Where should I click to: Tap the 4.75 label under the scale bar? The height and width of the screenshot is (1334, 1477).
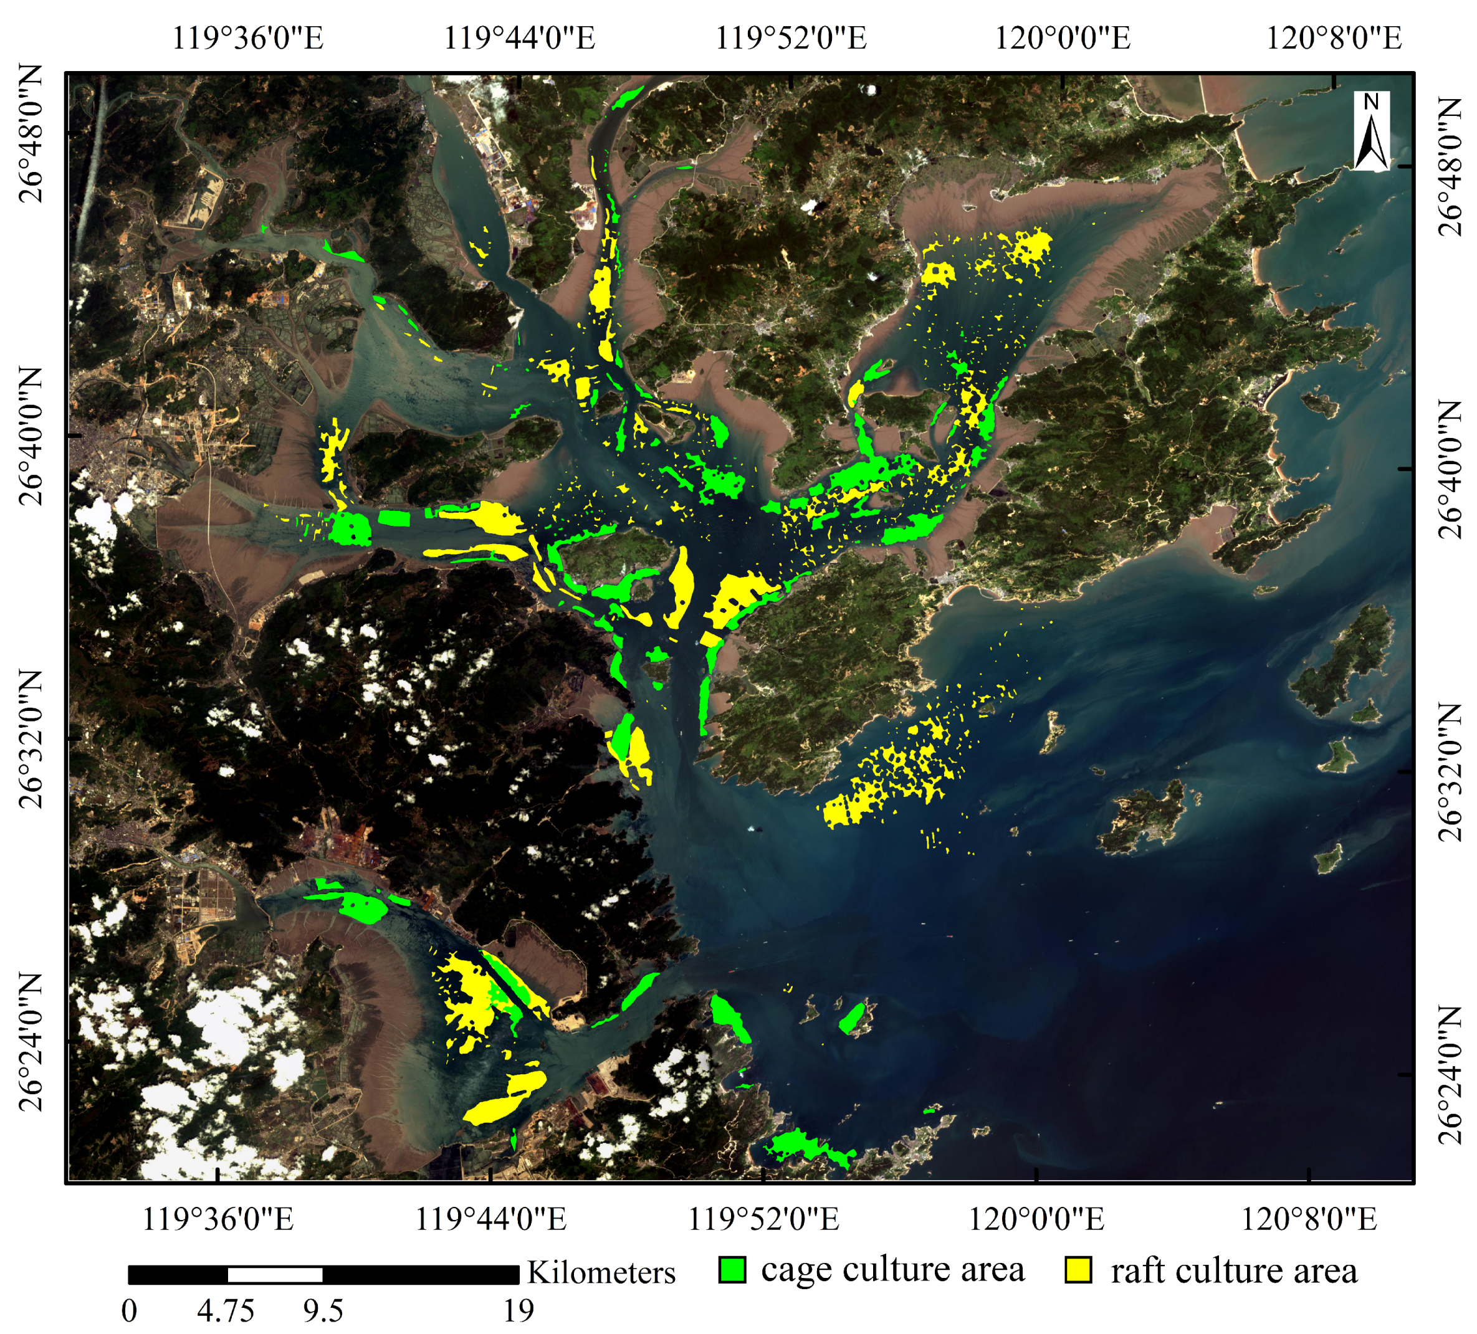pos(226,1310)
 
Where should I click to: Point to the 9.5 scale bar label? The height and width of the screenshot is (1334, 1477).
pos(323,1310)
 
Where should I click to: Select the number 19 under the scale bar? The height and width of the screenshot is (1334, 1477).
pos(518,1310)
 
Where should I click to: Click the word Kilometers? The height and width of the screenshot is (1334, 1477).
pos(601,1273)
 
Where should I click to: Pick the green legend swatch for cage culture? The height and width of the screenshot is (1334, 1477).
pos(732,1270)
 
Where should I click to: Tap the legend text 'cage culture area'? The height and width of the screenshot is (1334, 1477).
pos(892,1270)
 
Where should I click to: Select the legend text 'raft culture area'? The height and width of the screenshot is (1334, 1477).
pos(1234,1271)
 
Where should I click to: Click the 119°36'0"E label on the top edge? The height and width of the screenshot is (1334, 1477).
pos(247,38)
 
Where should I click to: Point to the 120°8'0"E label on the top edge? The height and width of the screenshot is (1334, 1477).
pos(1334,38)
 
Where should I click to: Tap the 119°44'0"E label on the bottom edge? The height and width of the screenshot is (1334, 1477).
pos(491,1220)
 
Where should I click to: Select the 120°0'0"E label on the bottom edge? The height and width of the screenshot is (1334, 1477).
pos(1036,1220)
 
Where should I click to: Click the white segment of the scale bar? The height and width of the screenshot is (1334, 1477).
pos(275,1275)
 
